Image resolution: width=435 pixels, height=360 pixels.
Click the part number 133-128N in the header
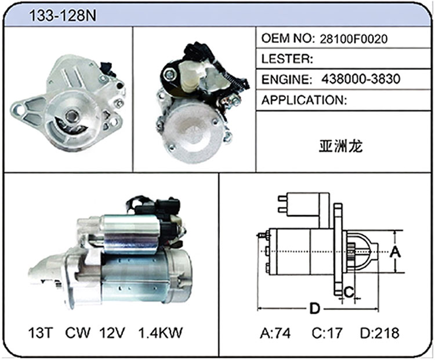coord(63,15)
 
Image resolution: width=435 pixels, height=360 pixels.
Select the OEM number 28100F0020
coord(353,39)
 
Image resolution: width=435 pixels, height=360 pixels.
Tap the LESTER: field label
coord(287,59)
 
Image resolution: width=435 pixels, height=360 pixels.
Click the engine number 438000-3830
coord(361,79)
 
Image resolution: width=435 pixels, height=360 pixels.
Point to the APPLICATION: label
coord(304,100)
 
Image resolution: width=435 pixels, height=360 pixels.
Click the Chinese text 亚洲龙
coord(340,146)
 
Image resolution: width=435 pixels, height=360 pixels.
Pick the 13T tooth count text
coord(40,333)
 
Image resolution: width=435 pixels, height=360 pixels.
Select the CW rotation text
coord(78,333)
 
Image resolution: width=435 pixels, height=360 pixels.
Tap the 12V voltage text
coord(113,333)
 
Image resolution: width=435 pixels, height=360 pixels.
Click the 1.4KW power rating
coord(160,333)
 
